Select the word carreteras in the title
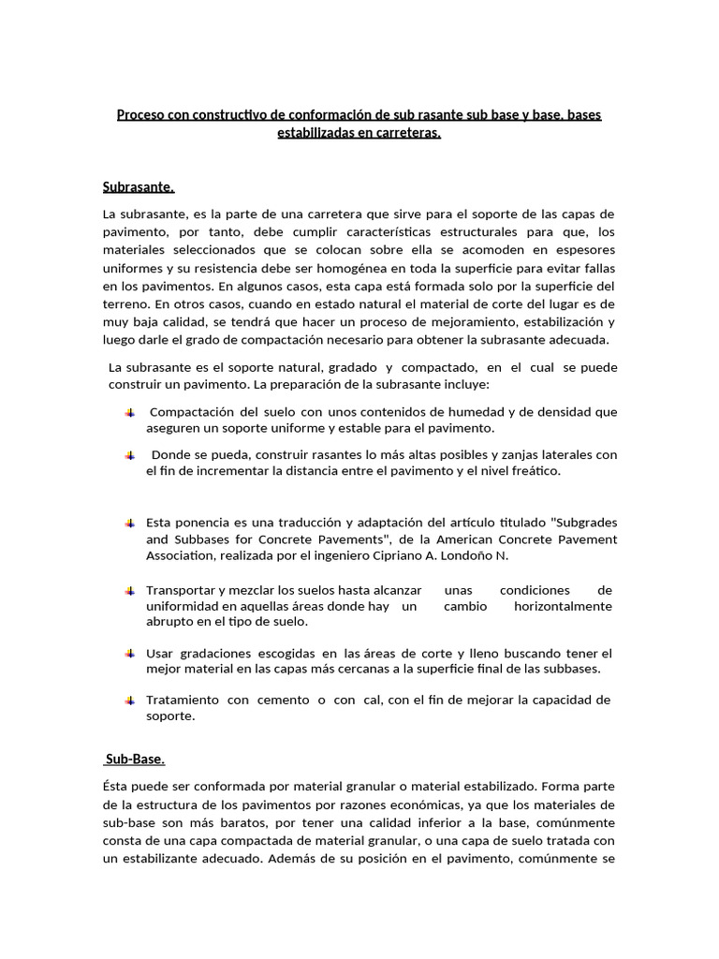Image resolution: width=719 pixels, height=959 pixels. pos(408,133)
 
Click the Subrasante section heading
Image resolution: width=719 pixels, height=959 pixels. pos(139,187)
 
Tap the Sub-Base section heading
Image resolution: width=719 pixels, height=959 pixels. pos(136,759)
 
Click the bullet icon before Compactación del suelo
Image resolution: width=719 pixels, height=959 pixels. pos(129,412)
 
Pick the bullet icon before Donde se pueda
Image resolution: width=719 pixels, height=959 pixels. pos(129,455)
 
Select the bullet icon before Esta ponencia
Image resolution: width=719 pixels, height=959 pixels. pos(129,523)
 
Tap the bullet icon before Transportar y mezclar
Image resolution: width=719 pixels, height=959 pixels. pos(129,591)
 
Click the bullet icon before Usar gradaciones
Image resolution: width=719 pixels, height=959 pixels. pos(129,653)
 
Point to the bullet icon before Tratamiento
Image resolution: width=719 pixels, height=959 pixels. pos(129,700)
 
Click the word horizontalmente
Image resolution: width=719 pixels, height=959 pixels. pos(563,606)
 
